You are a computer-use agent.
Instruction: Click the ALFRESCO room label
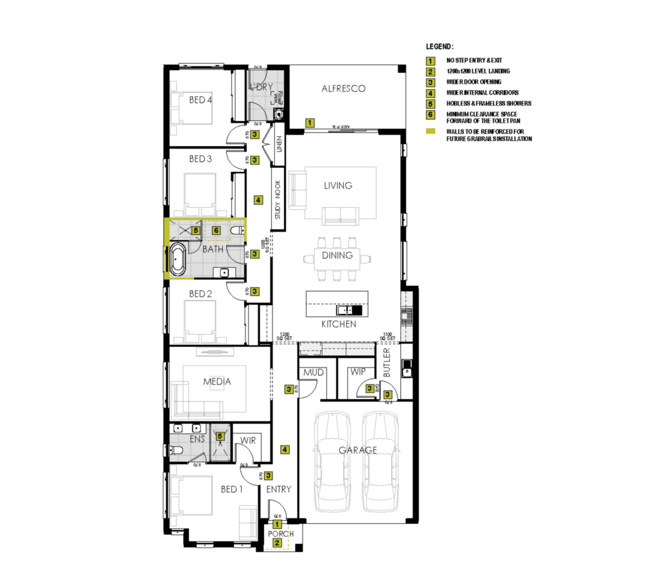point(344,89)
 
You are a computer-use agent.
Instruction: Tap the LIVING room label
point(338,185)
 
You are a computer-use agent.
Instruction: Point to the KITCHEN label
point(339,324)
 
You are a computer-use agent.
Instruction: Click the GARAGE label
point(358,450)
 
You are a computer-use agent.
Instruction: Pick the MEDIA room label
point(217,382)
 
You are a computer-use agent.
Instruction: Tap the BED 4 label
point(200,100)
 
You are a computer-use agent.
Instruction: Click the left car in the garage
point(333,461)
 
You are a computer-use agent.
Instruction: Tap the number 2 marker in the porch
point(278,543)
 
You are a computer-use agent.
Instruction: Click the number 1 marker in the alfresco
point(310,122)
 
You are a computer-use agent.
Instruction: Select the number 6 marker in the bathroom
point(216,230)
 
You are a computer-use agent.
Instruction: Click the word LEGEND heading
point(440,47)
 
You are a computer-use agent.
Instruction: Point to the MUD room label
point(313,373)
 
